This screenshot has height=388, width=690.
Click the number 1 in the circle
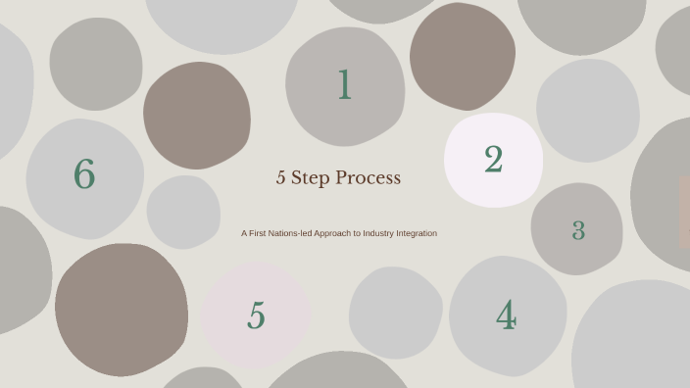tap(344, 86)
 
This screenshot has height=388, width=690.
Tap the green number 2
tap(493, 160)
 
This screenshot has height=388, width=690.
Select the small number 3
tap(578, 231)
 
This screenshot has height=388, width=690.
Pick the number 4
tap(506, 316)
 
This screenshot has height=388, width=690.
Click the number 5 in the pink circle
tap(256, 316)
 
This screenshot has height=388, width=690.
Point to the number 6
tap(84, 175)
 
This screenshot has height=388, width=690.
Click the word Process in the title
tap(369, 178)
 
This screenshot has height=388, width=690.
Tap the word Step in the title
tap(311, 178)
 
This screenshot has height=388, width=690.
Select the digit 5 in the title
tap(281, 178)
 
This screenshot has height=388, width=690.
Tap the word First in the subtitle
tap(258, 233)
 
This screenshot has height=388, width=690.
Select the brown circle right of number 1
tap(463, 56)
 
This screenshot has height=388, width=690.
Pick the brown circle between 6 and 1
tap(196, 115)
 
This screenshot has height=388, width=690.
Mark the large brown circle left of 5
tap(122, 310)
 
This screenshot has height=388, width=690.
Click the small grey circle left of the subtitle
tap(183, 212)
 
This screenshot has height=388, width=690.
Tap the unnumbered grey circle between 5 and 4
tap(395, 313)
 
